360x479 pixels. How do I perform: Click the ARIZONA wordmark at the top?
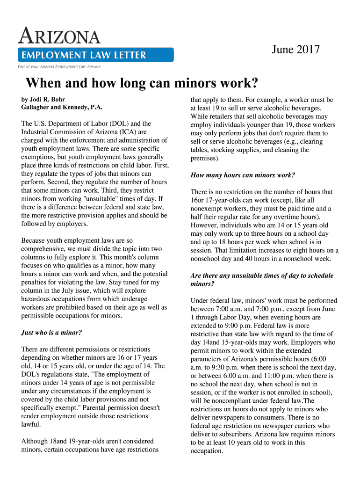tap(59, 36)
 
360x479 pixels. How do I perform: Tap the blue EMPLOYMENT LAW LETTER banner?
tap(95, 55)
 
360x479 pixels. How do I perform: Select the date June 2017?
tap(296, 49)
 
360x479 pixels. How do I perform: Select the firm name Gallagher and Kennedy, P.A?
tap(62, 108)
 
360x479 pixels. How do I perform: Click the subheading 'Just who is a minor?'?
tap(51, 333)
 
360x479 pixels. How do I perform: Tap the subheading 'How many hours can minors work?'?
tap(243, 175)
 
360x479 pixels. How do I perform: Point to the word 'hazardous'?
tap(38, 299)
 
